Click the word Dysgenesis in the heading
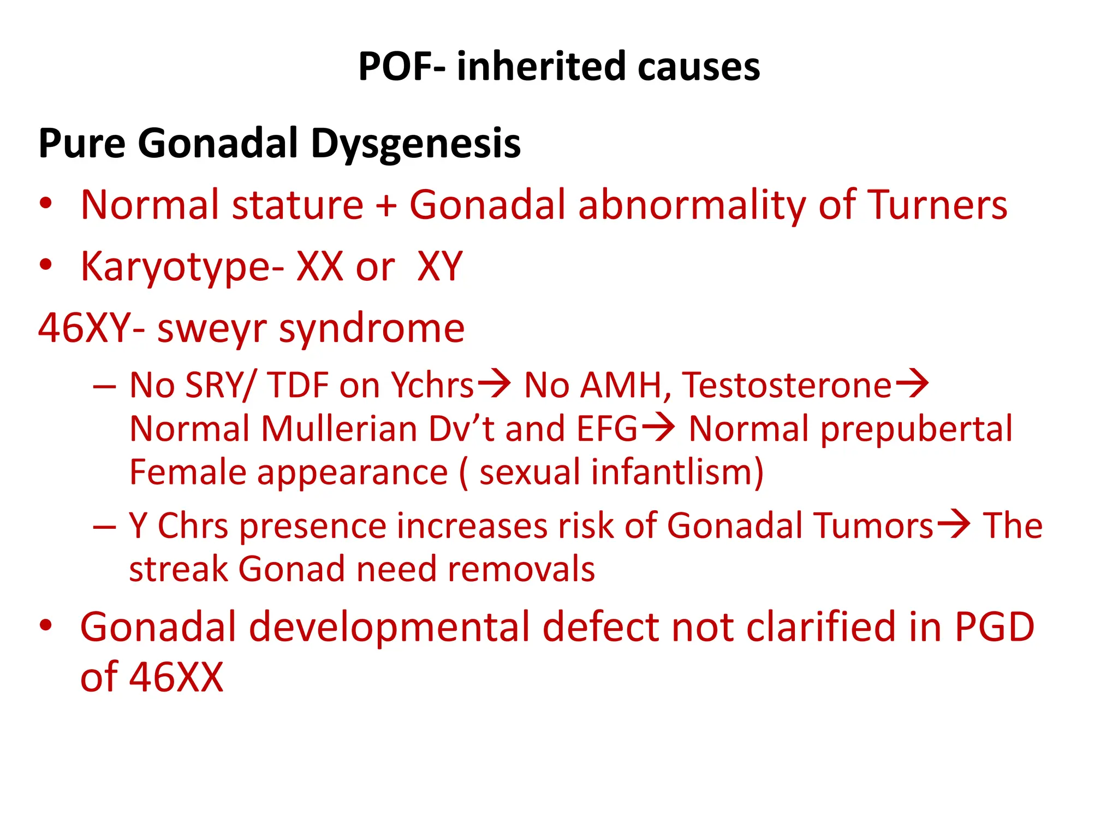(415, 144)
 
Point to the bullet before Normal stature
(46, 203)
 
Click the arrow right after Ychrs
(495, 383)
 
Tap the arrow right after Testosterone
(912, 383)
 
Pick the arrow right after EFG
(658, 427)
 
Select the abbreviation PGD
(994, 627)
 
